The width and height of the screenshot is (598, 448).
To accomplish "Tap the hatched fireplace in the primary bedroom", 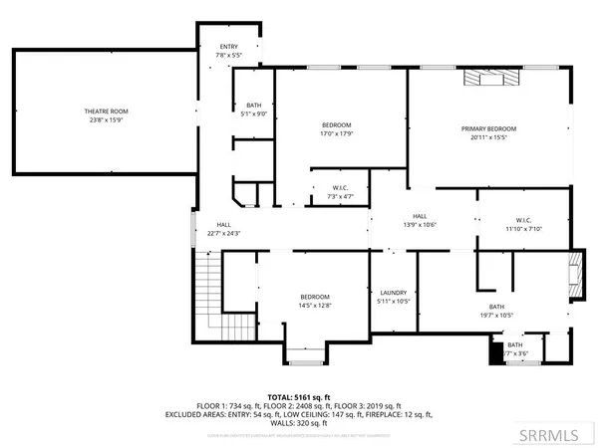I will tap(490, 81).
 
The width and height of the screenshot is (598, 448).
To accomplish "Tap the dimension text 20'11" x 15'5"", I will tap(488, 138).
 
